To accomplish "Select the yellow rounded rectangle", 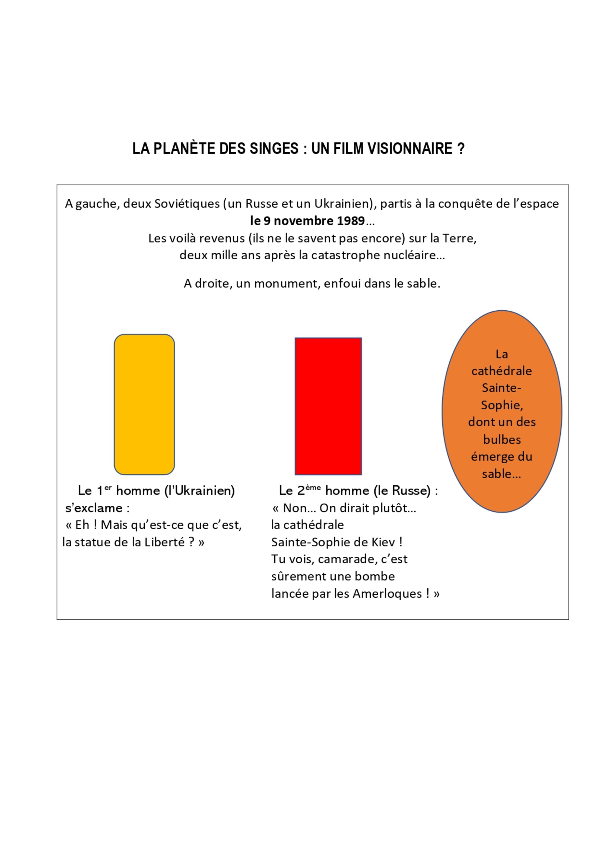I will click(144, 404).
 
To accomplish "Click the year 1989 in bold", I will click(350, 221).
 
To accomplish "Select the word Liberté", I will click(167, 542).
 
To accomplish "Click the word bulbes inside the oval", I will click(502, 440).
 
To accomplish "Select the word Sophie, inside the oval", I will click(502, 405).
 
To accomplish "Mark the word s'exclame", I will click(94, 508).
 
